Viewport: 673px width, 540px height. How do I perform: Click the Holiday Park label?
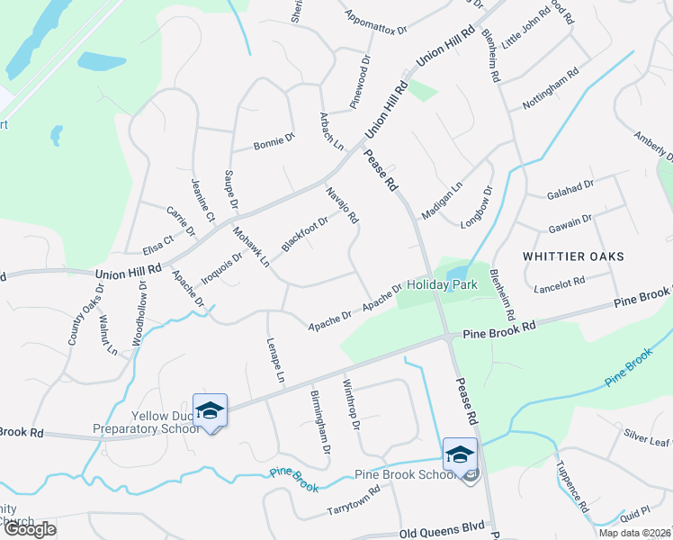[x=440, y=285]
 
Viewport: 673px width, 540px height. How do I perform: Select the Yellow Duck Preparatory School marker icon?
[x=210, y=411]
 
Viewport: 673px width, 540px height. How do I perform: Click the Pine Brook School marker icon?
[x=459, y=453]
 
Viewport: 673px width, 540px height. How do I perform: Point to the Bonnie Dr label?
[x=274, y=142]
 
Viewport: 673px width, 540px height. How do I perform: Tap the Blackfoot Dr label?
[x=304, y=232]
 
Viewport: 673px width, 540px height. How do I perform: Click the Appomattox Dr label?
[x=376, y=23]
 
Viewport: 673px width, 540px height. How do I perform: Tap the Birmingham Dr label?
[x=320, y=421]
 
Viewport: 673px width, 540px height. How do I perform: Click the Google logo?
[x=30, y=529]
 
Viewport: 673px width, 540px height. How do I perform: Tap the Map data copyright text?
[x=634, y=533]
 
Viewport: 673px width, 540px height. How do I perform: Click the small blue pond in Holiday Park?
[x=455, y=273]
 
